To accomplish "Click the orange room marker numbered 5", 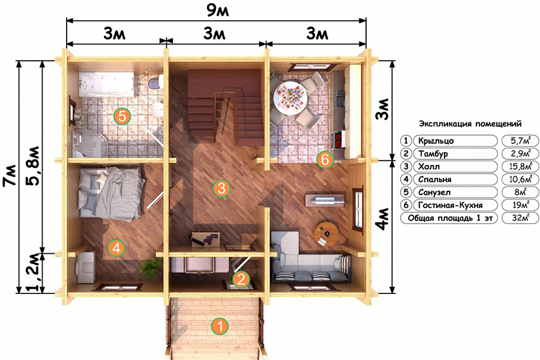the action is pyautogui.click(x=122, y=116).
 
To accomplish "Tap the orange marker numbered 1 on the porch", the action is pyautogui.click(x=220, y=326).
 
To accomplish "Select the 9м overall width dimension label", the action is pyautogui.click(x=217, y=11).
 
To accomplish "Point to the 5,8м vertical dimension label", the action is pyautogui.click(x=34, y=166).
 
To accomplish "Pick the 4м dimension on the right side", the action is pyautogui.click(x=383, y=219).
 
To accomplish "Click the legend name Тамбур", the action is pyautogui.click(x=433, y=154).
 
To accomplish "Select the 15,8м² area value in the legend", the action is pyautogui.click(x=520, y=167).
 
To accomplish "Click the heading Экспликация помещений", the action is pyautogui.click(x=470, y=124).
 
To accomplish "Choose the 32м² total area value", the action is pyautogui.click(x=520, y=218).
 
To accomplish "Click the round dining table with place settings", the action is pyautogui.click(x=290, y=97).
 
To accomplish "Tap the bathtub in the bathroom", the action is pyautogui.click(x=106, y=85).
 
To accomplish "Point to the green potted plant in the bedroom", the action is pyautogui.click(x=150, y=268).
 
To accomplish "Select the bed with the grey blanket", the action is pyautogui.click(x=111, y=193).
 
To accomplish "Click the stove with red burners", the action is pyautogui.click(x=337, y=140).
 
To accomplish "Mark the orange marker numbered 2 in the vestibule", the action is pyautogui.click(x=241, y=279).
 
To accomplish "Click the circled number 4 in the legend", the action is pyautogui.click(x=406, y=179).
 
